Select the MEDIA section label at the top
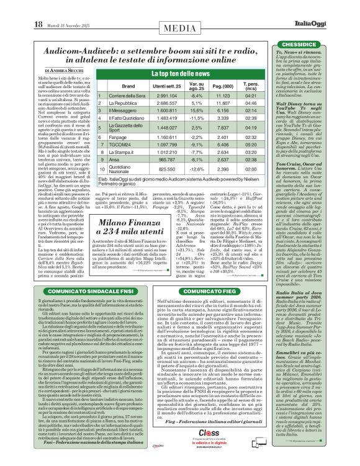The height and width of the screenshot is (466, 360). [x=179, y=9]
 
